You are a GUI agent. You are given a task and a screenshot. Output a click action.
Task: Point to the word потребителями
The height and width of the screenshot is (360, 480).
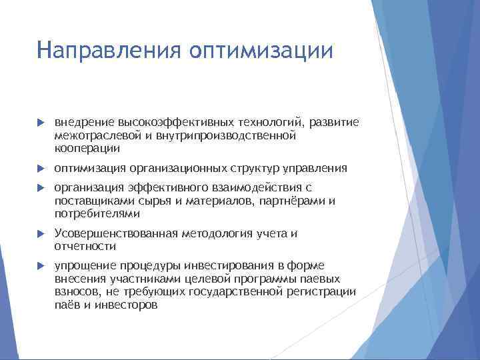97,213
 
